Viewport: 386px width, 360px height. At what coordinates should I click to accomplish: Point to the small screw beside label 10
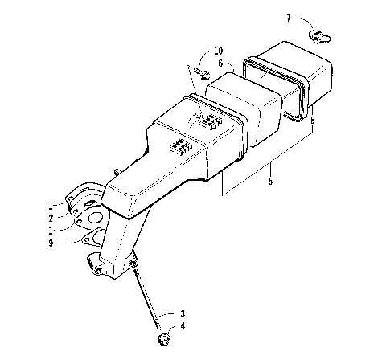204,76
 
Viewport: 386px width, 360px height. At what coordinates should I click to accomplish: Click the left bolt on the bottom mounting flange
98,269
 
